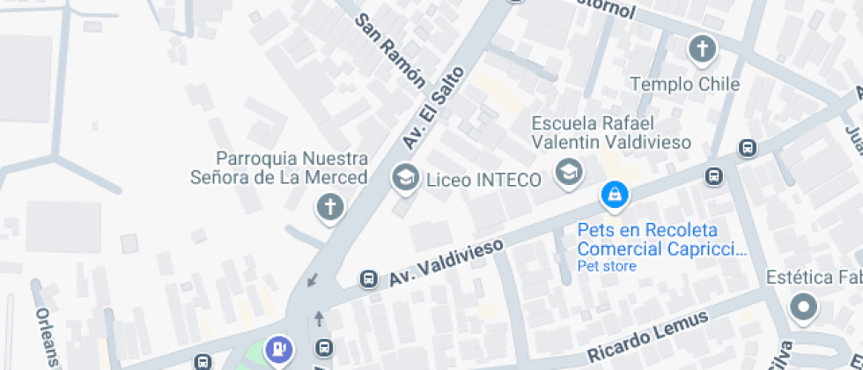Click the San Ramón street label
click(390, 52)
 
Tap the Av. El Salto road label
click(432, 107)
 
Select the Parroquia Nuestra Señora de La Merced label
click(278, 168)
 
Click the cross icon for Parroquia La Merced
click(330, 208)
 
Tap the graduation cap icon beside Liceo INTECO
click(405, 177)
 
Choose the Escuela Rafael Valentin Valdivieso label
click(611, 131)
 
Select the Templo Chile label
click(684, 85)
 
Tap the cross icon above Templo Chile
click(702, 48)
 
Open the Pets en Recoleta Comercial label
click(661, 240)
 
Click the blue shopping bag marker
click(613, 195)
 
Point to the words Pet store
click(607, 266)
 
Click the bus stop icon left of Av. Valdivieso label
click(369, 280)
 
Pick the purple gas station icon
click(280, 349)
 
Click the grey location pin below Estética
click(803, 307)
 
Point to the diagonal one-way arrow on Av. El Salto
click(311, 281)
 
